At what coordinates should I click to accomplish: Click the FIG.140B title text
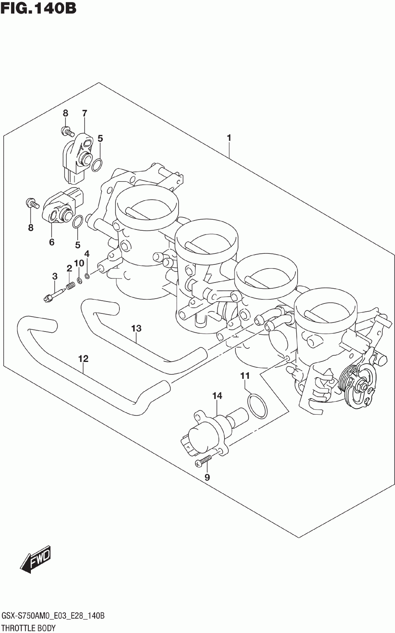(x=38, y=8)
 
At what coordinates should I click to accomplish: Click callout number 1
(x=229, y=138)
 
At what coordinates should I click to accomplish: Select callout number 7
(x=84, y=113)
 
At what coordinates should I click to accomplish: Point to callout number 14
(x=217, y=396)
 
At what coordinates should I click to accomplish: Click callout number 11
(x=245, y=376)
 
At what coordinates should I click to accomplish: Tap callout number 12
(x=83, y=359)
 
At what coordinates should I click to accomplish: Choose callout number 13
(x=136, y=328)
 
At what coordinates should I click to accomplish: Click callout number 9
(x=207, y=478)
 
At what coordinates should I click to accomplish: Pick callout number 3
(x=55, y=277)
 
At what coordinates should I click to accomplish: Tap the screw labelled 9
(x=204, y=461)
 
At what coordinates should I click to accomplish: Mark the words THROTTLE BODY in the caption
(x=29, y=628)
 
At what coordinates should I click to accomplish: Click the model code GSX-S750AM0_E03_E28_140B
(x=53, y=616)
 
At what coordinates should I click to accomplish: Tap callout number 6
(x=52, y=242)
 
